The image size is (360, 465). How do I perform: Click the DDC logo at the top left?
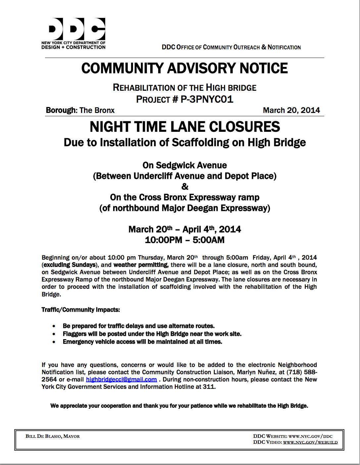coord(73,33)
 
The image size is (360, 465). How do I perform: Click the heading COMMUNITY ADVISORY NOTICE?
coord(184,68)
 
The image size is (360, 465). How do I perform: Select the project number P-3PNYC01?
coord(207,99)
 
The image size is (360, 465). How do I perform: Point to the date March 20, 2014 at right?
coord(291,110)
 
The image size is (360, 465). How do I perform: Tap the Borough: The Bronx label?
coord(80,110)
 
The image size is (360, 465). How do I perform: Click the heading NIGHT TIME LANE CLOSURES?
coord(185,127)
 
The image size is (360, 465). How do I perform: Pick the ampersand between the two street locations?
coord(185,186)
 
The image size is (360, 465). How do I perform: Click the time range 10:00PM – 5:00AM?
coord(185,240)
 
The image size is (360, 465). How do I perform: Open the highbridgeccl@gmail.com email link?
coord(121,380)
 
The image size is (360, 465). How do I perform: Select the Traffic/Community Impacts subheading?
coord(81,310)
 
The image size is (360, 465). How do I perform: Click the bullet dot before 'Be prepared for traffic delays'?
coord(54,326)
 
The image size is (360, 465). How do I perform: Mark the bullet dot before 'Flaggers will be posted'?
coord(54,334)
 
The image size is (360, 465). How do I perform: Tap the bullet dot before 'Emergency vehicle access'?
coord(54,342)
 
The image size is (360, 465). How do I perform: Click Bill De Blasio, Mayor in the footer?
coord(53,436)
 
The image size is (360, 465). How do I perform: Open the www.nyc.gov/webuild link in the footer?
coord(310,442)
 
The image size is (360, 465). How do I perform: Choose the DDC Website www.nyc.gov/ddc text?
coord(293,436)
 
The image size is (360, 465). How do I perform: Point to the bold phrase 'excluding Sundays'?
coord(69,265)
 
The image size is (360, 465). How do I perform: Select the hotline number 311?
coord(209,387)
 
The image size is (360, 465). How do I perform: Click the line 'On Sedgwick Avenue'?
coord(185,165)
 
